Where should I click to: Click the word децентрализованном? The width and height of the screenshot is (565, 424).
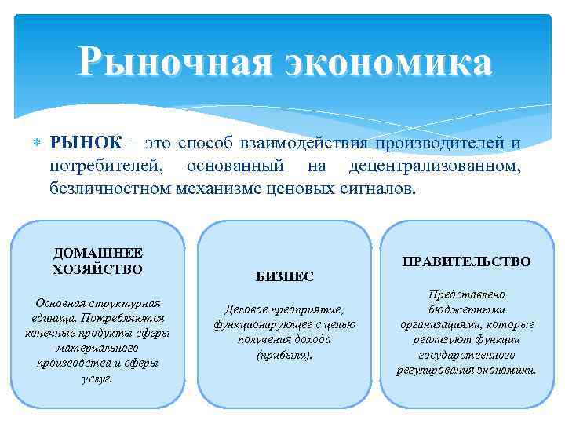tap(435, 166)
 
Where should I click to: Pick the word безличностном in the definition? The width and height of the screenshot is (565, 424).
tap(110, 189)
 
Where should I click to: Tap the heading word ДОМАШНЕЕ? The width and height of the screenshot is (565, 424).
tap(98, 254)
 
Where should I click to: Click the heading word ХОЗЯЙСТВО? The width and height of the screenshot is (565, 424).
tap(98, 269)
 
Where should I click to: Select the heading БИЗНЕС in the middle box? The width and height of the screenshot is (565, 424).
tap(284, 276)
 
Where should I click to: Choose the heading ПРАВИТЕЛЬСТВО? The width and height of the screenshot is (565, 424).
tap(467, 261)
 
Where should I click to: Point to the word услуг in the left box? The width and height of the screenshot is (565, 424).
tap(97, 378)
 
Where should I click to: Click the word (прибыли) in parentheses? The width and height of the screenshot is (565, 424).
tap(284, 354)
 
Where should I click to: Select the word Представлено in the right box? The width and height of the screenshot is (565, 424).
tap(467, 294)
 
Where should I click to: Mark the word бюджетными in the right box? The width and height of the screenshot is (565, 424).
tap(467, 309)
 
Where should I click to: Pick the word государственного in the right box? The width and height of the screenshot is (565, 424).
tap(467, 354)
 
